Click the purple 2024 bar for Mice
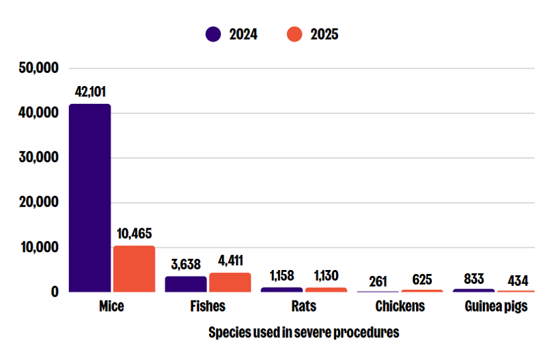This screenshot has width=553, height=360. pos(89,198)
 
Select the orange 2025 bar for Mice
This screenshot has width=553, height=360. pos(134,269)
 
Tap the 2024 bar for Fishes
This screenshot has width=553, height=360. pos(185,284)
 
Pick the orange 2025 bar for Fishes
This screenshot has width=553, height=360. pos(230,283)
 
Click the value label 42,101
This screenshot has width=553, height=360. pos(90,92)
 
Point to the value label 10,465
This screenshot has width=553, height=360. pos(134,234)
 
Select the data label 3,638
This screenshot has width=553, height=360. pos(185,264)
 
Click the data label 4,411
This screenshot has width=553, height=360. pos(230,261)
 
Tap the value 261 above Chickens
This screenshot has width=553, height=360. pos(378,282)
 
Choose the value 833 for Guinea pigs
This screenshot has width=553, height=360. pos(474,279)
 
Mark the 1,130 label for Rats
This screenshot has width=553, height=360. pos(326,276)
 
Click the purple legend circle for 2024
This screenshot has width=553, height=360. pos(213,34)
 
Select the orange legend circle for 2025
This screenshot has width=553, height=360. pos(294,34)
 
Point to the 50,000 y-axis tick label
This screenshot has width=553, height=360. pos(38,67)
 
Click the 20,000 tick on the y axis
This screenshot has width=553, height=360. pos(38,202)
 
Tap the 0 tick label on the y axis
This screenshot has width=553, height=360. pos(55,292)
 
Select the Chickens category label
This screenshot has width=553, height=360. pos(400,306)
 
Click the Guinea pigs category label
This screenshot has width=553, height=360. pos(496,306)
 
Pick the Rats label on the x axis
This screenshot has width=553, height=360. pos(304,306)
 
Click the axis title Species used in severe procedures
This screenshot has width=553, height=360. pos(304,332)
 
